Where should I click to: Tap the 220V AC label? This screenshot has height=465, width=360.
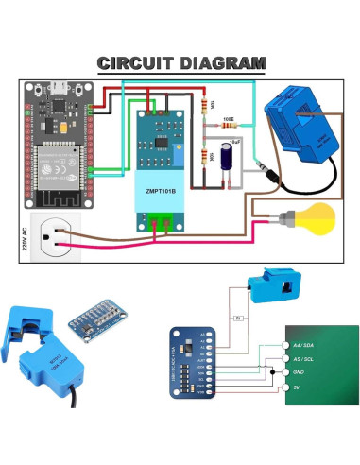click(x=26, y=241)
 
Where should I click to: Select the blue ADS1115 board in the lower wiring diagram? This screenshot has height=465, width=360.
click(x=194, y=360)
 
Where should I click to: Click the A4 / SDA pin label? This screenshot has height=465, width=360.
click(x=305, y=347)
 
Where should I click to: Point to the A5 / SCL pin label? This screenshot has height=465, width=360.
click(x=305, y=359)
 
